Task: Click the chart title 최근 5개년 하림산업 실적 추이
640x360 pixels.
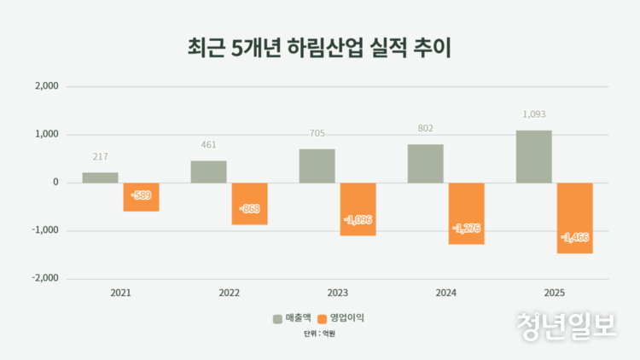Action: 319,47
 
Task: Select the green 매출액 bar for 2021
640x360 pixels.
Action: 100,177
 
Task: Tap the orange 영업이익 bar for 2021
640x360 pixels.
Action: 142,197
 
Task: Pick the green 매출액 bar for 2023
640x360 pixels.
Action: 317,165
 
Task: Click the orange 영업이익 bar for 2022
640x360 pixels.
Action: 250,204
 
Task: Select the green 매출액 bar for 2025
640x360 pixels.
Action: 533,156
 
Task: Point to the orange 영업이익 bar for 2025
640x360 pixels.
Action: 575,218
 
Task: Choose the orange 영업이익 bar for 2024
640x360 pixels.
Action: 467,213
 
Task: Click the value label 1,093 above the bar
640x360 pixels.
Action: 533,113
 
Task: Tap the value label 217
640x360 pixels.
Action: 100,156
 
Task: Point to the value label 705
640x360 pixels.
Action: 317,133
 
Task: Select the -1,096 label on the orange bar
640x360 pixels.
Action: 358,219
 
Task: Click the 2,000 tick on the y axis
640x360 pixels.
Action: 44,86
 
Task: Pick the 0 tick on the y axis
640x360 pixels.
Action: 55,183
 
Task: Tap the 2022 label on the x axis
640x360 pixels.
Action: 230,293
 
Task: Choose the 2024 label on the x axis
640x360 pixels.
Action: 445,293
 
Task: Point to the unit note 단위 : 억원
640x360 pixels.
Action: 320,334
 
